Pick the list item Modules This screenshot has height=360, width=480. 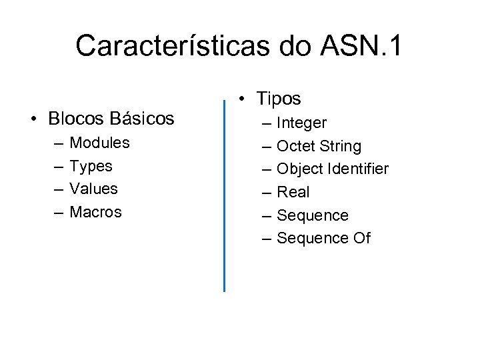point(99,143)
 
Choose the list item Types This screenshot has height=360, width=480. point(91,166)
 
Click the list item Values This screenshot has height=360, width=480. point(94,189)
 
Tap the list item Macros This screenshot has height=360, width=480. point(96,212)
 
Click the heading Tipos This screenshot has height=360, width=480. point(279,99)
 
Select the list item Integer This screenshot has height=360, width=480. point(301,123)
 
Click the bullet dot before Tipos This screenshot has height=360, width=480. point(245,99)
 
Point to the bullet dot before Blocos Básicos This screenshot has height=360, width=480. point(33,119)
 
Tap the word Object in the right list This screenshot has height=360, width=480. point(299,169)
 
